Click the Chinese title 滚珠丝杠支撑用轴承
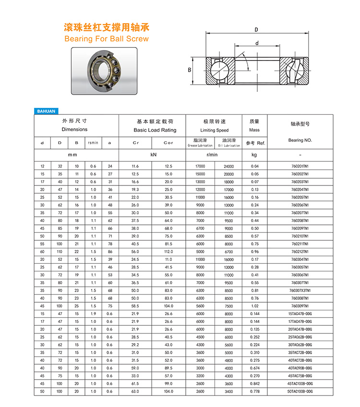107,27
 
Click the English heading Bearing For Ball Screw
107,38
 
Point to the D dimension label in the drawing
256,30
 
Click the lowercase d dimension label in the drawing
257,43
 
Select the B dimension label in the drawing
190,71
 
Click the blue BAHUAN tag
46,111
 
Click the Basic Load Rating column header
155,130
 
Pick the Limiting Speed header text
214,130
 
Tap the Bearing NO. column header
300,140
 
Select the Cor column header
168,143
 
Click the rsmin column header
93,143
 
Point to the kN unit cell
154,155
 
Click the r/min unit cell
212,155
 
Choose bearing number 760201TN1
300,166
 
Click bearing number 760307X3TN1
300,290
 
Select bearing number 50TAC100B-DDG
300,392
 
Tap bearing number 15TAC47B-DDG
300,313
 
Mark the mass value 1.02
254,305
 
